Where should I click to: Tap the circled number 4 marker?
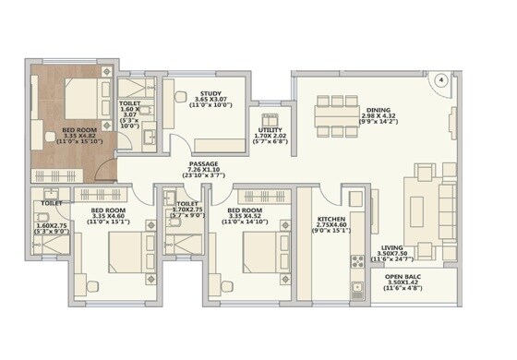click(x=441, y=81)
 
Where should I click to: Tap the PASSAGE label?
click(x=203, y=165)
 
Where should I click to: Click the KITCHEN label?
click(x=331, y=216)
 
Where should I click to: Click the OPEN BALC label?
click(x=403, y=277)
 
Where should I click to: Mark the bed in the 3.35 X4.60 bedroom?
click(x=124, y=250)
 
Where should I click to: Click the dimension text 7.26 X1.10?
click(x=203, y=172)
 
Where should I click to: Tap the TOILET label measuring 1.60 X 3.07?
click(x=131, y=109)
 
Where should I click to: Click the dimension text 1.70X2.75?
click(x=188, y=210)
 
